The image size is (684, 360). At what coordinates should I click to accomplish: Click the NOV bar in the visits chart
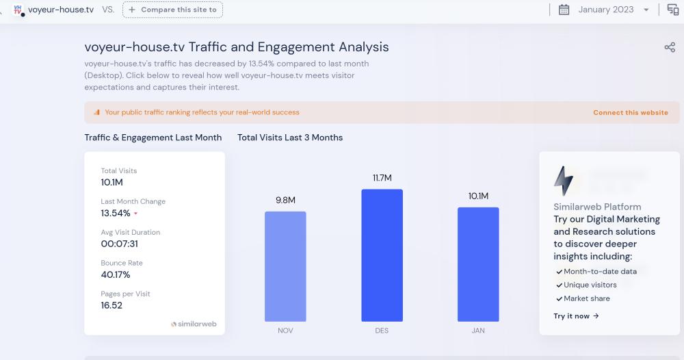[285, 266]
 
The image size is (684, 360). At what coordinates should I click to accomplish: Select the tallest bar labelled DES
[382, 255]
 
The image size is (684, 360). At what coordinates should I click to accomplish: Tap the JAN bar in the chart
[478, 264]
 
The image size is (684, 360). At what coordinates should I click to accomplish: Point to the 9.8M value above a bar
[285, 200]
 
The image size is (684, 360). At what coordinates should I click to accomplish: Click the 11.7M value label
[382, 178]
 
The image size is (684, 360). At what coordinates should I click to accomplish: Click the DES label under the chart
[382, 331]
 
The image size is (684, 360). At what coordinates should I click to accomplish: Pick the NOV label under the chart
[285, 331]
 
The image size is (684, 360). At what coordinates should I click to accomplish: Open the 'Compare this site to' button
[172, 10]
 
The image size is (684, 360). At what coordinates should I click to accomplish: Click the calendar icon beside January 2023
[564, 10]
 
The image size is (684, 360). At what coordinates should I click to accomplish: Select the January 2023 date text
[606, 10]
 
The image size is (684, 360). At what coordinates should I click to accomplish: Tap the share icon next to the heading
[670, 47]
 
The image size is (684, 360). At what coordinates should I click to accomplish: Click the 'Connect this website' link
[630, 112]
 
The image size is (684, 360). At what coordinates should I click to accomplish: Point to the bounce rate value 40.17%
[116, 274]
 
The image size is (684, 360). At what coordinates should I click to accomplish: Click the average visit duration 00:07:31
[120, 244]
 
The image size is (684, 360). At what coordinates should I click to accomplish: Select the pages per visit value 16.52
[111, 305]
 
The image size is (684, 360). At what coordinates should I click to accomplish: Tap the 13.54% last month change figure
[116, 213]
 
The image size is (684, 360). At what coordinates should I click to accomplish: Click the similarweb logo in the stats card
[194, 324]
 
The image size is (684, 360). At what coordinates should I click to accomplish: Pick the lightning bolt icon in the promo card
[564, 181]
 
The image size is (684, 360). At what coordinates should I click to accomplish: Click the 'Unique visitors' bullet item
[590, 285]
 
